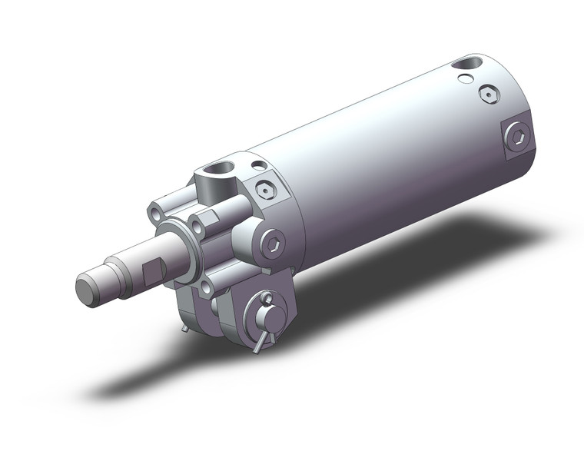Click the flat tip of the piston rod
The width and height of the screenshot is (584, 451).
pyautogui.click(x=88, y=289)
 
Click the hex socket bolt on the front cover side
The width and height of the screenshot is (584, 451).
pyautogui.click(x=273, y=244)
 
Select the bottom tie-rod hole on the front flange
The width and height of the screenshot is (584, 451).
pyautogui.click(x=205, y=287)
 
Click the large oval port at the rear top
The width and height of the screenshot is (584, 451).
pyautogui.click(x=465, y=65)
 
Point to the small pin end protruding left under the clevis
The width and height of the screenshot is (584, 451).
pyautogui.click(x=187, y=329)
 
